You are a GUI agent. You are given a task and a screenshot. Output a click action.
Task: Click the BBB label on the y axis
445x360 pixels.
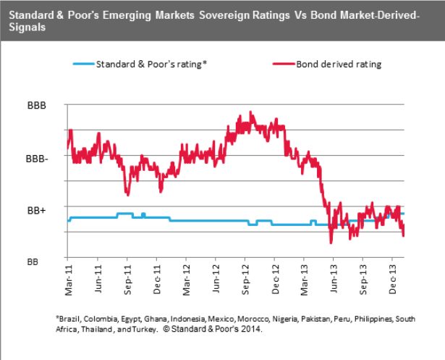pos(36,105)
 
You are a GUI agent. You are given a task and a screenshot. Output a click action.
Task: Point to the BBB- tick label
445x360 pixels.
pos(37,157)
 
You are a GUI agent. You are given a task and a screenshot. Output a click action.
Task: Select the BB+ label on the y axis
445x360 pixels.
pos(37,209)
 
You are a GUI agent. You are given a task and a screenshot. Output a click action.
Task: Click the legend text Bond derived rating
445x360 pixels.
pos(338,64)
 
